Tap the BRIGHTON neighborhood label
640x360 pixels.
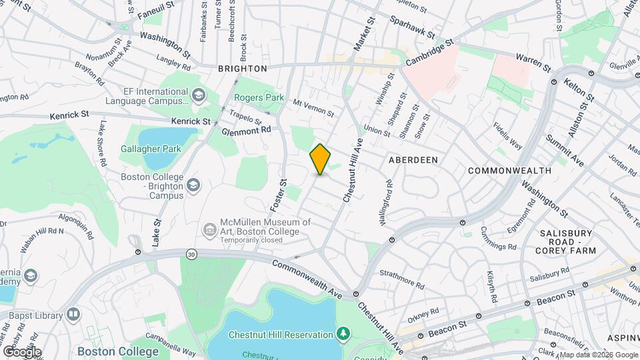tap(243, 69)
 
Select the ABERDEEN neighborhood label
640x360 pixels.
tap(413, 160)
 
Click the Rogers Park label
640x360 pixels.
tap(259, 97)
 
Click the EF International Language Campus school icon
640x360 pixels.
tap(198, 96)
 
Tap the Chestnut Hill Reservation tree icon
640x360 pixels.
tap(343, 332)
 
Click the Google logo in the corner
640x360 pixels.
tap(21, 352)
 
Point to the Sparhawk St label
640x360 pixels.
tap(412, 27)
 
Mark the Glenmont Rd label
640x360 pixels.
tap(247, 131)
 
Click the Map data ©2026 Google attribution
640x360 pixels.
tap(589, 355)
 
